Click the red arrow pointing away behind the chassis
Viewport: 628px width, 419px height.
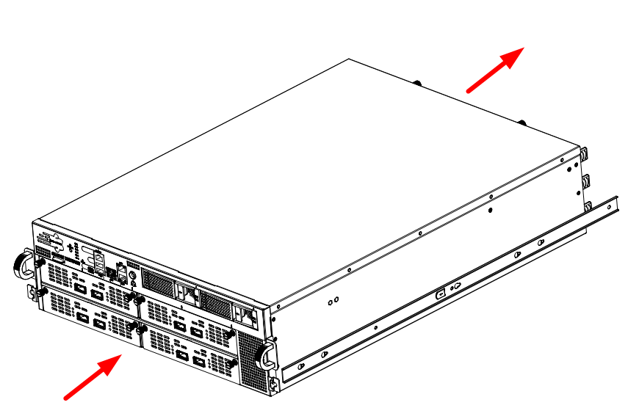pyautogui.click(x=496, y=70)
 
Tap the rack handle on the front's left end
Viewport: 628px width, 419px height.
pyautogui.click(x=22, y=263)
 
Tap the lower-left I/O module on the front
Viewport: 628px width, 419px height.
pyautogui.click(x=88, y=314)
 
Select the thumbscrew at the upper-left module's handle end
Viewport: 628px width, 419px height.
pyautogui.click(x=132, y=298)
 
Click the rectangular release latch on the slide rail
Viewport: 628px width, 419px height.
pyautogui.click(x=440, y=294)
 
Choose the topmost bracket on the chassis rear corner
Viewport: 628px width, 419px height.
pyautogui.click(x=585, y=156)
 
